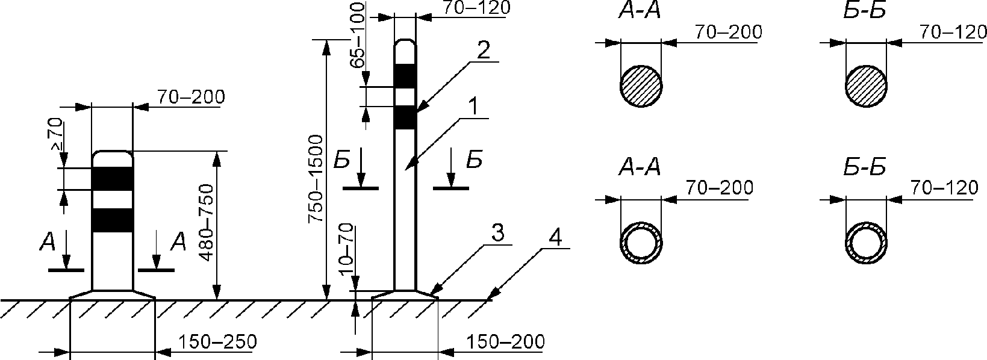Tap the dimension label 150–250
[x=217, y=342]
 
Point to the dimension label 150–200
[x=505, y=341]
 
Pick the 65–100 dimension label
[x=357, y=35]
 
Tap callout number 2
[x=484, y=50]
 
